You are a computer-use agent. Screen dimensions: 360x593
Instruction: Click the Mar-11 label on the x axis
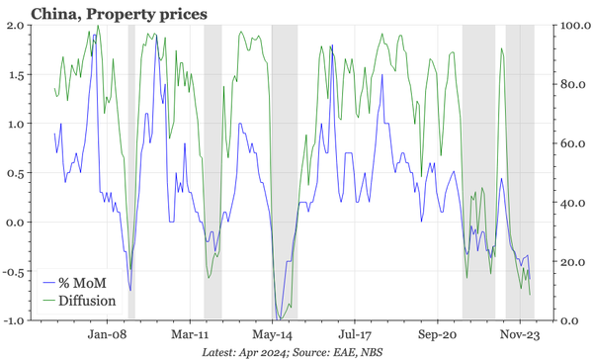190,334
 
